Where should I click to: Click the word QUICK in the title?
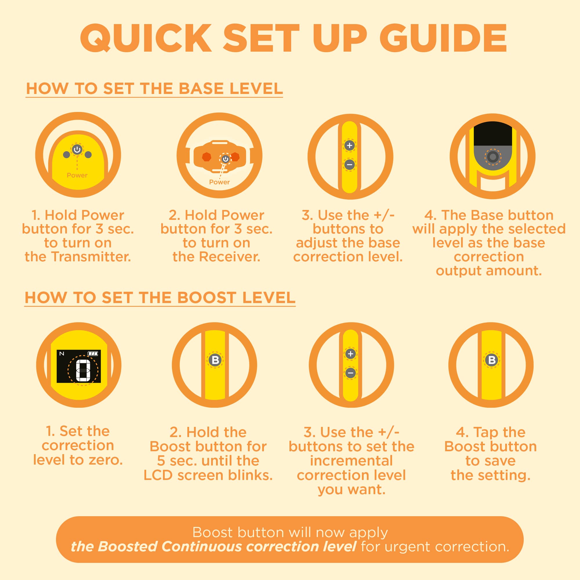[x=146, y=39]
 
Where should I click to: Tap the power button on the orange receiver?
[x=225, y=159]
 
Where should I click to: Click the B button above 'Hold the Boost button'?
[x=215, y=360]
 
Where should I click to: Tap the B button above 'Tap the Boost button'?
[x=492, y=360]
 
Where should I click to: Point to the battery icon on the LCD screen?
[x=93, y=353]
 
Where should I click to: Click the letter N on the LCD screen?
[x=61, y=354]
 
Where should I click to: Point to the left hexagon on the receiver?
[x=206, y=157]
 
